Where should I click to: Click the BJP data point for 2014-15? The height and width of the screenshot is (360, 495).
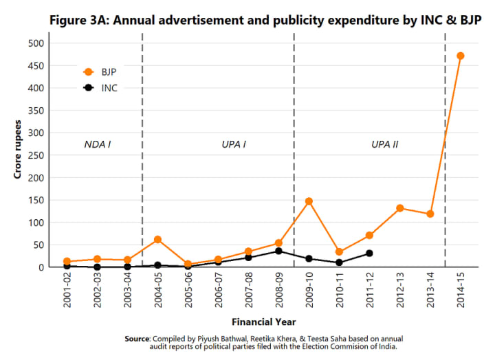[x=460, y=56]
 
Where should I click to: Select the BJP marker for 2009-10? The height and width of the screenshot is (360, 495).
[x=309, y=201]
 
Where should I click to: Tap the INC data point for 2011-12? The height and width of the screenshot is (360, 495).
[x=369, y=254]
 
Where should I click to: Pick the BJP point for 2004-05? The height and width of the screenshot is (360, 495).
[x=157, y=239]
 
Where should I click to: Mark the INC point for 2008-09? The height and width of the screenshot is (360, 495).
[x=278, y=251]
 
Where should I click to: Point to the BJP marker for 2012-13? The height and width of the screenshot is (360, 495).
[x=399, y=208]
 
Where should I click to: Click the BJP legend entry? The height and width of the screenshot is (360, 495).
[x=100, y=71]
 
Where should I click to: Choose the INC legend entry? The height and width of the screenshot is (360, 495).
[x=100, y=88]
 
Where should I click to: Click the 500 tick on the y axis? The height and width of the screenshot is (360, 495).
[x=36, y=43]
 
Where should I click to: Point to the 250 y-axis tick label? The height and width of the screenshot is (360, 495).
[x=36, y=155]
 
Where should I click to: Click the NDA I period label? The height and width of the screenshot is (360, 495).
[x=98, y=145]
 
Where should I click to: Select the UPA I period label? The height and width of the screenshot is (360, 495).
[x=234, y=145]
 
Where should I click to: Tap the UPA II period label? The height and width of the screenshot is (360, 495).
[x=385, y=145]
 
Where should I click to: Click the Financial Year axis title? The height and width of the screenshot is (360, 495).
[x=263, y=321]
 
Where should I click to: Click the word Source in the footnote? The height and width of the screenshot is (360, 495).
[x=137, y=339]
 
